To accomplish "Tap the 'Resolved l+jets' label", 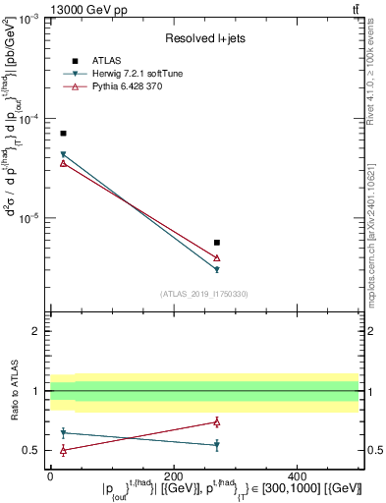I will tap(204, 37).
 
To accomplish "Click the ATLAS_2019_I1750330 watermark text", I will tap(204, 293).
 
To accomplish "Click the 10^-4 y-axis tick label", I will tap(29, 119).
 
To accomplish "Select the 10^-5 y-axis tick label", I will tap(29, 218).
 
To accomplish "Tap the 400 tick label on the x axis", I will tap(297, 475).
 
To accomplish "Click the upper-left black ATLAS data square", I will tap(63, 133).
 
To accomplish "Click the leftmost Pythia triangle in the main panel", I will tap(63, 163).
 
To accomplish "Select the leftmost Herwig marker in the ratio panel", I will tap(63, 432).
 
